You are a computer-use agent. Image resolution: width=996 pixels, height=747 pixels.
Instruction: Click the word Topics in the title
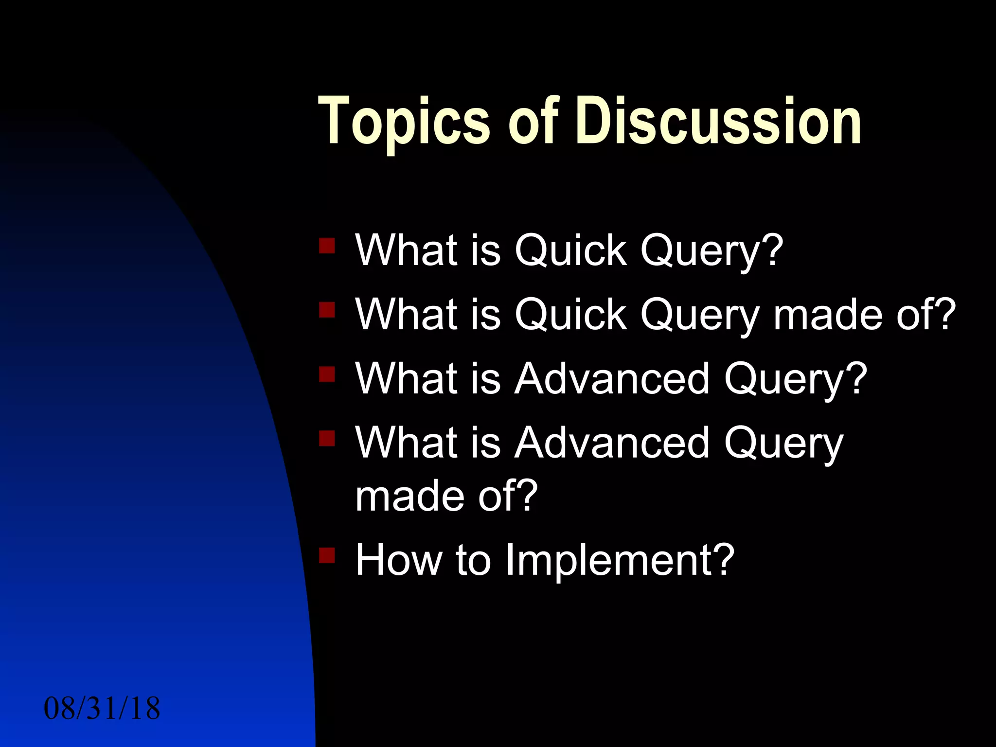coord(403,122)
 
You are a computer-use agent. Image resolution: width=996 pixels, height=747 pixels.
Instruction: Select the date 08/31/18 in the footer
coord(102,709)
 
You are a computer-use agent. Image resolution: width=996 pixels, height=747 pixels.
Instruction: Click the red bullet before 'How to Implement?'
coord(327,555)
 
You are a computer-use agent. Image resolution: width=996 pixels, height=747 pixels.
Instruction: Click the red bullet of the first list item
coord(327,246)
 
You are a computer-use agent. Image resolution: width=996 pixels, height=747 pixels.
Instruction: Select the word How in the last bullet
coord(399,560)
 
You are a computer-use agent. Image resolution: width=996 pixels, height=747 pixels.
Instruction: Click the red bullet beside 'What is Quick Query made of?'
coord(327,310)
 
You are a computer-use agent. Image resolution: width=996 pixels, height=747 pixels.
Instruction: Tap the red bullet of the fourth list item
coord(327,438)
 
